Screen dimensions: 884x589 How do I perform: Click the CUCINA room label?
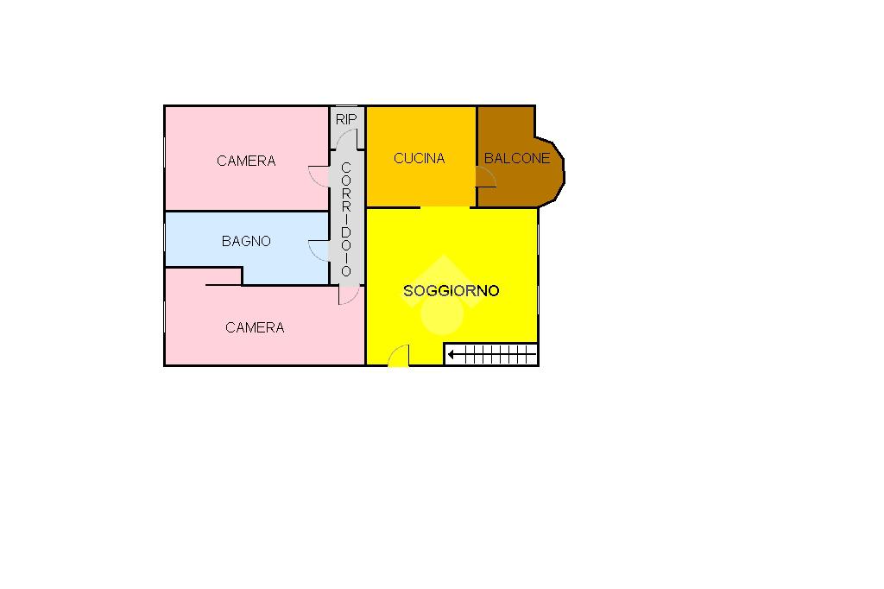[419, 158]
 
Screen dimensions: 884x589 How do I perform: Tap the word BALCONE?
[516, 158]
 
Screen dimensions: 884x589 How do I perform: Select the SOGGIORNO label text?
[451, 291]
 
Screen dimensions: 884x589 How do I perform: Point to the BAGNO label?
[246, 241]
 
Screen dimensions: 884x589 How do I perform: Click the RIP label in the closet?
[345, 118]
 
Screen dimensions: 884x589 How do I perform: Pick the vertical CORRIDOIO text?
[345, 219]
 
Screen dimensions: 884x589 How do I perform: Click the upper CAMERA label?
[246, 161]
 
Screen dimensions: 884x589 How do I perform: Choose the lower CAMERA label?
[255, 327]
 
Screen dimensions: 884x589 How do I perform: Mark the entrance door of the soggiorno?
[398, 356]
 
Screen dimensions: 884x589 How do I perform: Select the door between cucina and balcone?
[486, 177]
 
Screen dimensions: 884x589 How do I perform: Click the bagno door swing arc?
[318, 250]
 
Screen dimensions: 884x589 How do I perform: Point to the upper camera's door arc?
[319, 174]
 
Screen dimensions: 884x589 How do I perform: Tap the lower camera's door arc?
[348, 295]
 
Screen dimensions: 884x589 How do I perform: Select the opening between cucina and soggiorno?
[445, 207]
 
